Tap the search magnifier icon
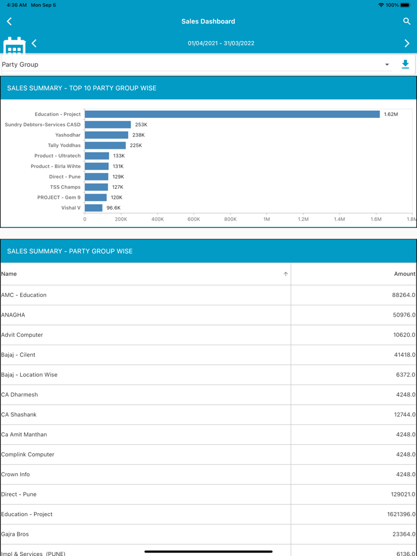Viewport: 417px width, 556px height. click(407, 21)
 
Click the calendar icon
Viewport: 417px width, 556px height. click(14, 46)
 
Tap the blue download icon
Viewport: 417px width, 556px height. click(405, 64)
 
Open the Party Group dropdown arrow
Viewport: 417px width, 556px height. click(387, 65)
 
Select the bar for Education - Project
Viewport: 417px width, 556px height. click(232, 114)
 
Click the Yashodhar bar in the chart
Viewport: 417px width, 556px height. click(106, 135)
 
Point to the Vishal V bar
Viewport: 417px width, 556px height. click(94, 208)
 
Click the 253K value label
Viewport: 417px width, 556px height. click(141, 125)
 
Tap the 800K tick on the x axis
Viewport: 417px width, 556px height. click(230, 219)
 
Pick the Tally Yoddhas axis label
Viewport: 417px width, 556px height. click(64, 145)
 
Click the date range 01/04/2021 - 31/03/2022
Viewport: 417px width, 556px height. click(221, 43)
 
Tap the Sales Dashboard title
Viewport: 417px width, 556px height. click(208, 21)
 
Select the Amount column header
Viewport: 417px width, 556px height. click(404, 274)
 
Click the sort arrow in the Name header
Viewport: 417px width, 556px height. click(286, 274)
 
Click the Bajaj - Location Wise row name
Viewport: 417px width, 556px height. click(29, 375)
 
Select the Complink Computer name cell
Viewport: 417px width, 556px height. click(28, 455)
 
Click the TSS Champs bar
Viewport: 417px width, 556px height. click(97, 187)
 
